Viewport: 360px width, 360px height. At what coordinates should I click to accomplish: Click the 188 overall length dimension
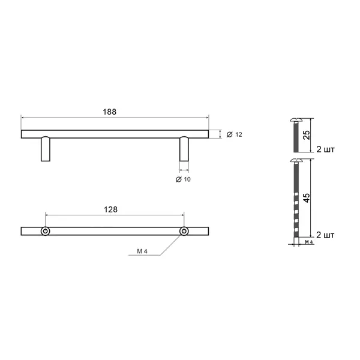[x=110, y=112]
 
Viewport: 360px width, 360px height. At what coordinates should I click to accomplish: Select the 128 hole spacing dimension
[x=110, y=209]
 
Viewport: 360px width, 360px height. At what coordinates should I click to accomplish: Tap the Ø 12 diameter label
[x=235, y=134]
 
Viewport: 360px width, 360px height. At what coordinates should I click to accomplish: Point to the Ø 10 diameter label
[x=183, y=179]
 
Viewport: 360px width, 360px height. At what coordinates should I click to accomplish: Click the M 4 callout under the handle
[x=142, y=251]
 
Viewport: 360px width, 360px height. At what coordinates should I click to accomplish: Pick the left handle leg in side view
[x=46, y=149]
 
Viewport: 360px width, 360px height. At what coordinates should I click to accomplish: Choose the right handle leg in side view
[x=184, y=149]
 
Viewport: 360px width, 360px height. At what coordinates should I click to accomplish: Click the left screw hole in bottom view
[x=46, y=231]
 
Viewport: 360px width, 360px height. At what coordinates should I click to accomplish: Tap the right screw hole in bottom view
[x=184, y=231]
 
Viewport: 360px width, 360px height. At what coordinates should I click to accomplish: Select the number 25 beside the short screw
[x=307, y=135]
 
